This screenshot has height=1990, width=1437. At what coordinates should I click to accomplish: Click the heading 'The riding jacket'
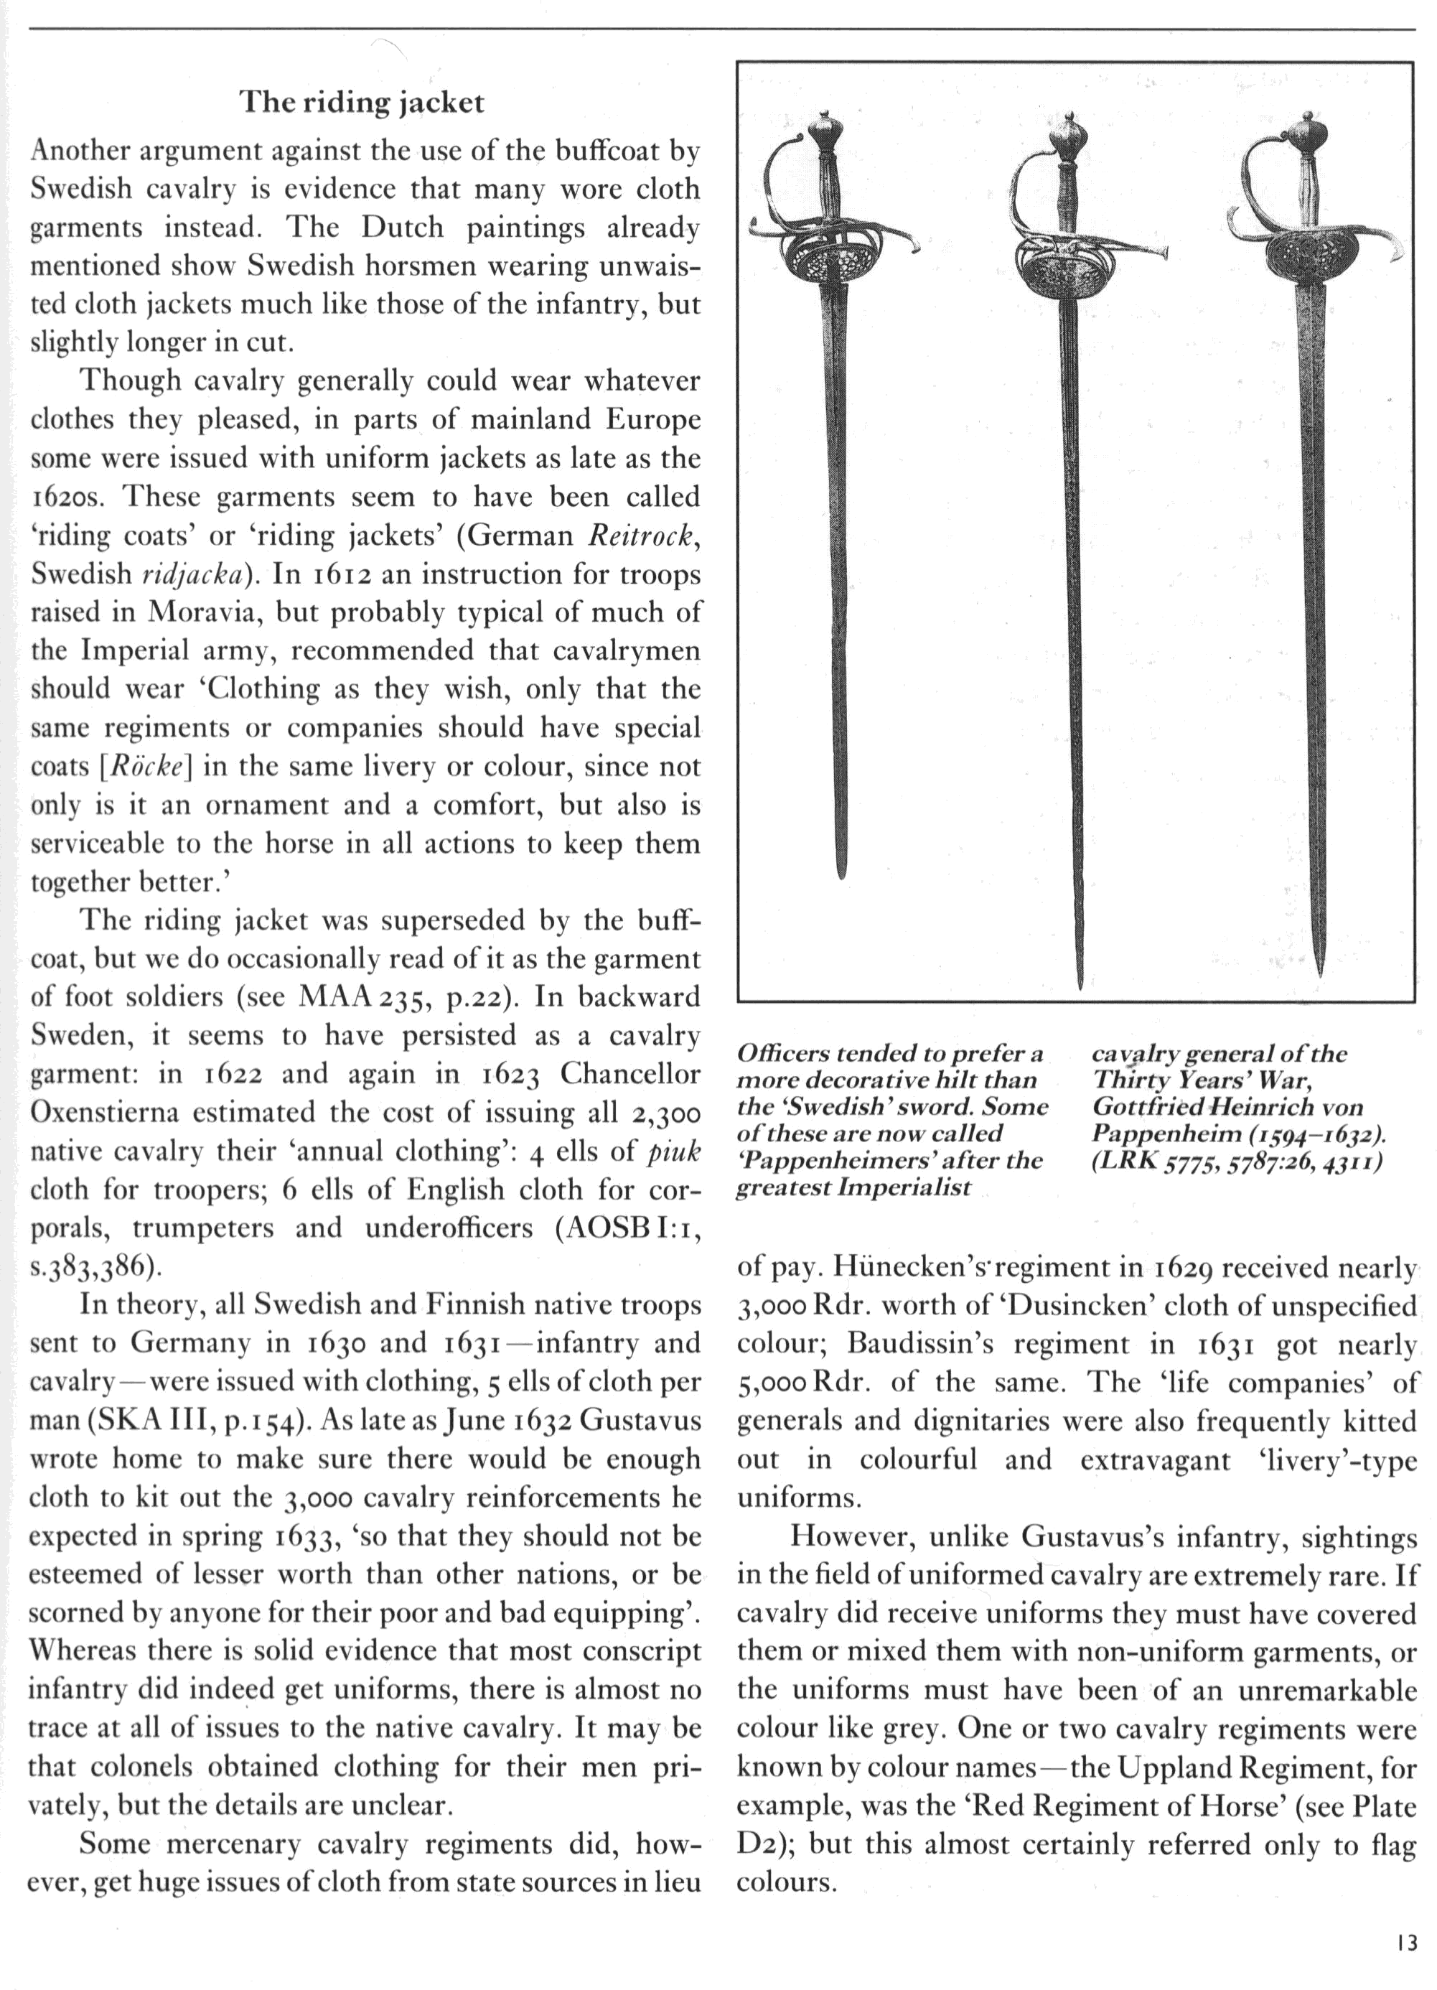point(362,103)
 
